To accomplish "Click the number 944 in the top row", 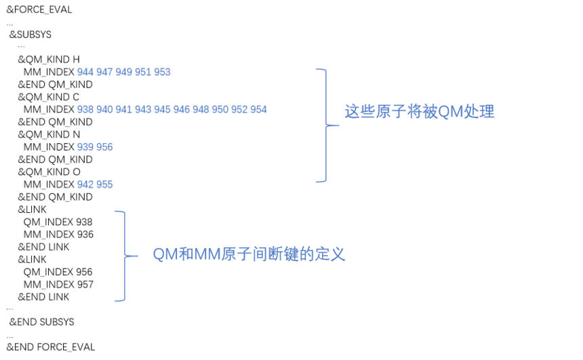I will pyautogui.click(x=85, y=72).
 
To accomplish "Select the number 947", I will pyautogui.click(x=104, y=72).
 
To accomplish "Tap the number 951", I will pyautogui.click(x=142, y=72).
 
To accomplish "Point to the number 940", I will pyautogui.click(x=104, y=110).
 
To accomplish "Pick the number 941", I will pyautogui.click(x=123, y=110).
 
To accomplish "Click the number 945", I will pyautogui.click(x=162, y=110).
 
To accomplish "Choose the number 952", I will pyautogui.click(x=239, y=110).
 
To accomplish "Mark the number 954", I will pyautogui.click(x=258, y=110).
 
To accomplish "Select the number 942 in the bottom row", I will pyautogui.click(x=85, y=184).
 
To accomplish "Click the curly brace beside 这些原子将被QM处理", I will pyautogui.click(x=324, y=125).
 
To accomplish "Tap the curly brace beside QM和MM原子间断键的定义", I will pyautogui.click(x=123, y=256).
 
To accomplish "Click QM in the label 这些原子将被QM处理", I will pyautogui.click(x=444, y=112).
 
